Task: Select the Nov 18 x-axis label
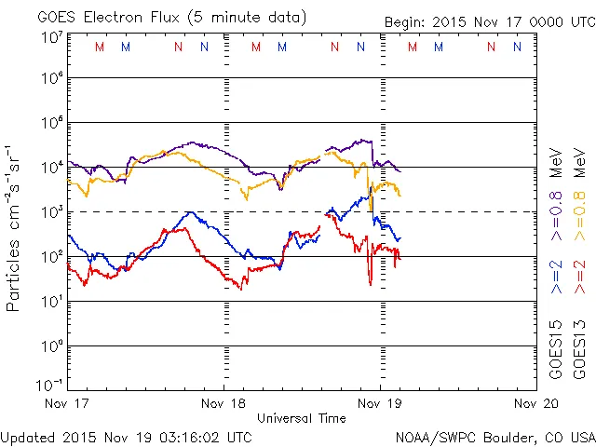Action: (224, 403)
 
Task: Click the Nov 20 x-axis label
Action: (535, 403)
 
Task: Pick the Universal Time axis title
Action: (302, 418)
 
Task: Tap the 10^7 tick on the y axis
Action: (52, 37)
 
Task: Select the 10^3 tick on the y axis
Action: (52, 212)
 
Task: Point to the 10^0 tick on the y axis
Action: (52, 346)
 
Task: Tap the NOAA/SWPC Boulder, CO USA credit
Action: (494, 437)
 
